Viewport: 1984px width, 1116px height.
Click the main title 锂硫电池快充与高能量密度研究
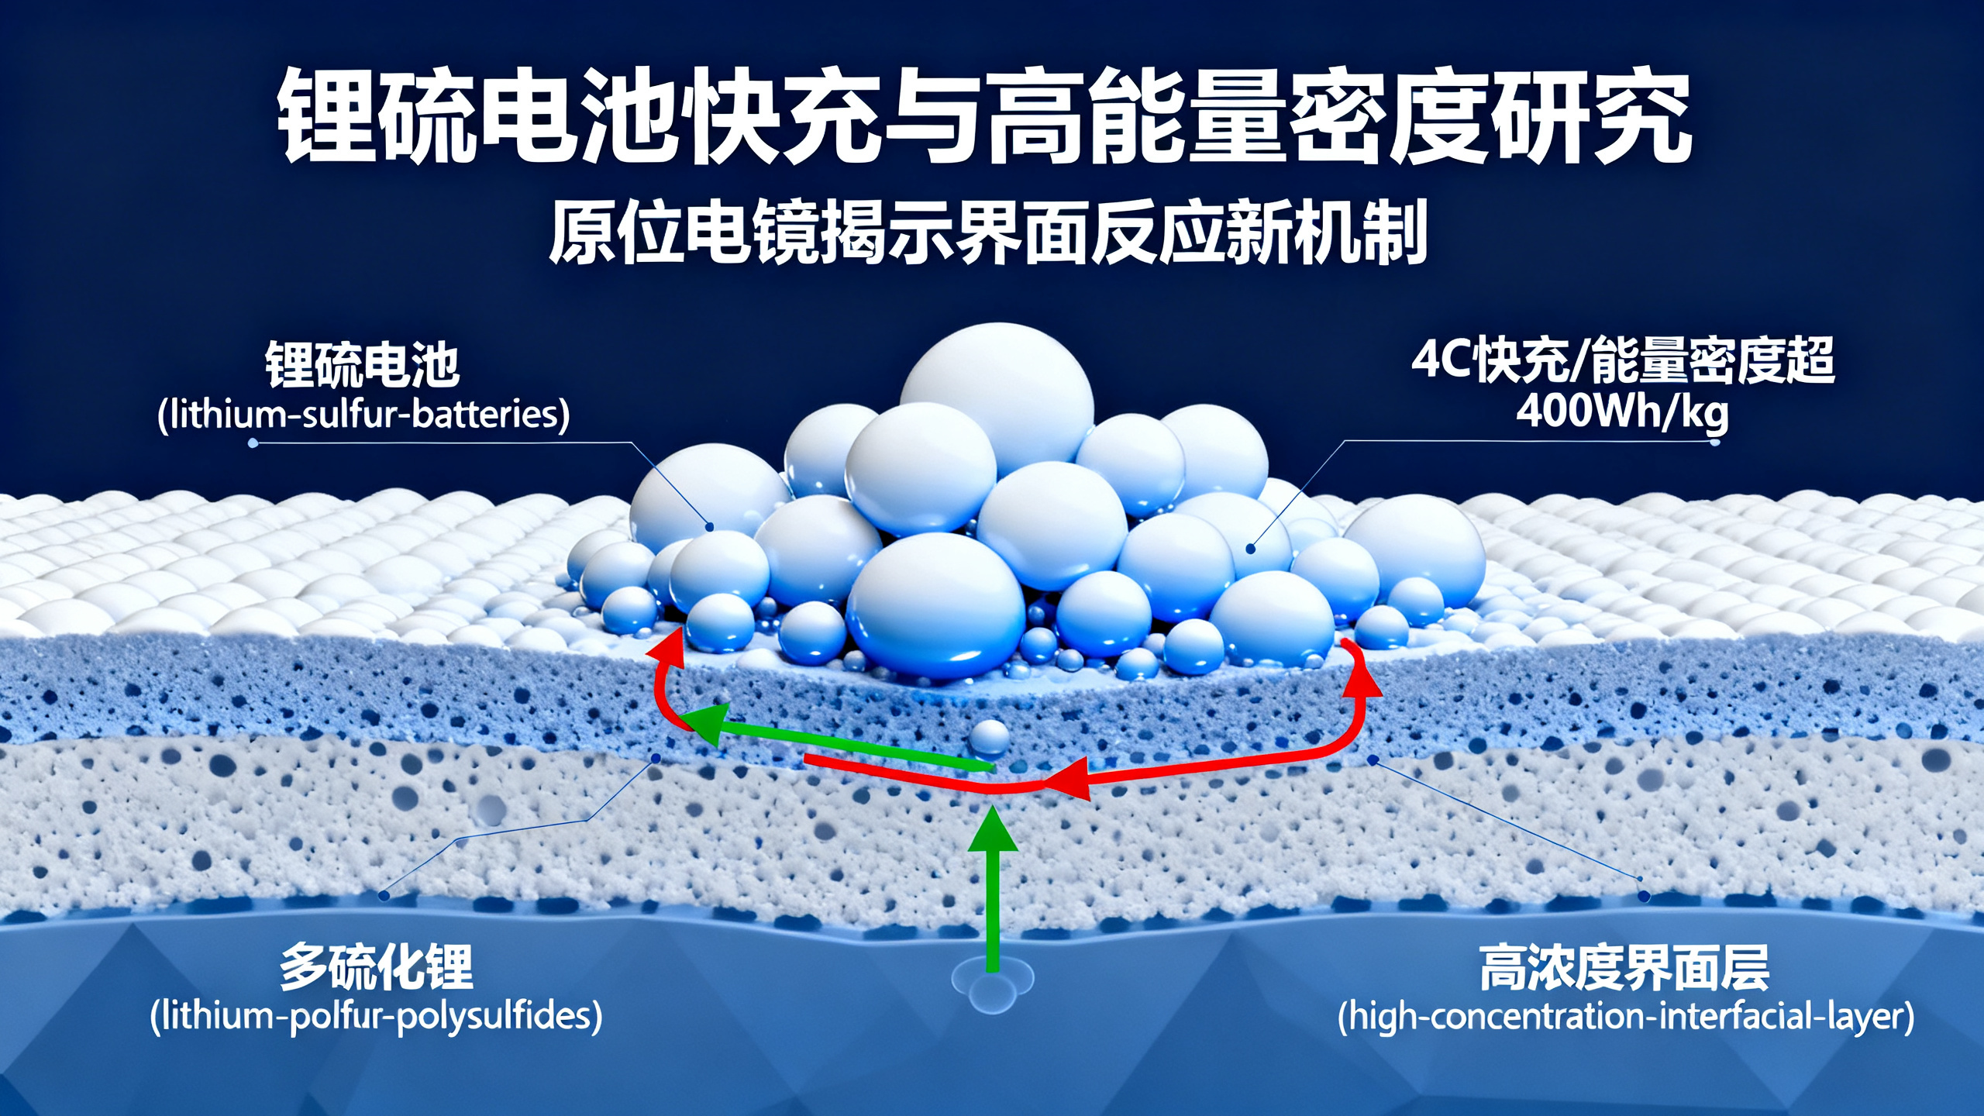984,116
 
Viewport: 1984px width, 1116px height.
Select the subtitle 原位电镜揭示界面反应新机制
988,232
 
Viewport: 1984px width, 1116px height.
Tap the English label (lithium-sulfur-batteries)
363,415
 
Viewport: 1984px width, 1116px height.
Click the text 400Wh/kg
1622,412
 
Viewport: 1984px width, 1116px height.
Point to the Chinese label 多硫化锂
377,966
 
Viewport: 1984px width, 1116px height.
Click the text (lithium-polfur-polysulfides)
376,1016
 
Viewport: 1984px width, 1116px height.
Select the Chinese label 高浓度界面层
1624,968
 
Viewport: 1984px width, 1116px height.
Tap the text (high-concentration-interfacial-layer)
1626,1017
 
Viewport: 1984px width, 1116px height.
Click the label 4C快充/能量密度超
1623,361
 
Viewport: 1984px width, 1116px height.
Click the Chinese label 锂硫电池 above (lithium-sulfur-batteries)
363,364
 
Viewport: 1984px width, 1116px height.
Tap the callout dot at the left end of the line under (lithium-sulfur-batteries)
253,443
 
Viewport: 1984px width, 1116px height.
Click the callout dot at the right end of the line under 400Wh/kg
1714,442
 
